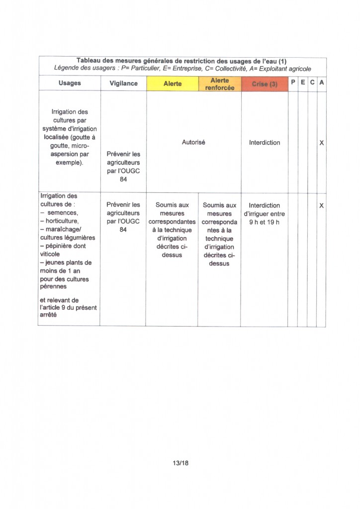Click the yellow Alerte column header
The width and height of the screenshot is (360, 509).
click(173, 84)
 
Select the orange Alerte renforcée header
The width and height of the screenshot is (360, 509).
click(219, 84)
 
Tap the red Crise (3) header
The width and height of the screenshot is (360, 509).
click(265, 84)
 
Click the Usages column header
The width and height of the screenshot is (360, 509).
click(69, 83)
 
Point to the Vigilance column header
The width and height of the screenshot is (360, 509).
click(123, 83)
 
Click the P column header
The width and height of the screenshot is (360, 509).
click(293, 82)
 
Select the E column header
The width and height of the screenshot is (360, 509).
click(302, 82)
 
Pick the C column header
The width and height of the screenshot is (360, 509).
click(312, 82)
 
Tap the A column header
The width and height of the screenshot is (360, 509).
click(322, 82)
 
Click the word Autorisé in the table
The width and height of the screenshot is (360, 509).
click(193, 142)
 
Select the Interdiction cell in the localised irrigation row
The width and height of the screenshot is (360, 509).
click(265, 142)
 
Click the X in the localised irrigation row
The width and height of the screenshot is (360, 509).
click(322, 143)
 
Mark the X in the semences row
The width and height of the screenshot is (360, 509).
click(322, 205)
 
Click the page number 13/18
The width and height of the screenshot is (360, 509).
click(180, 463)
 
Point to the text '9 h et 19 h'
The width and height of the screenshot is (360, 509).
click(265, 222)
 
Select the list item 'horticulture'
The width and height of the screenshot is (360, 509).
click(63, 221)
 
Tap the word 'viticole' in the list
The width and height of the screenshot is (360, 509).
click(50, 254)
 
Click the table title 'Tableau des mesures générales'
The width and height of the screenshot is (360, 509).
click(182, 61)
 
